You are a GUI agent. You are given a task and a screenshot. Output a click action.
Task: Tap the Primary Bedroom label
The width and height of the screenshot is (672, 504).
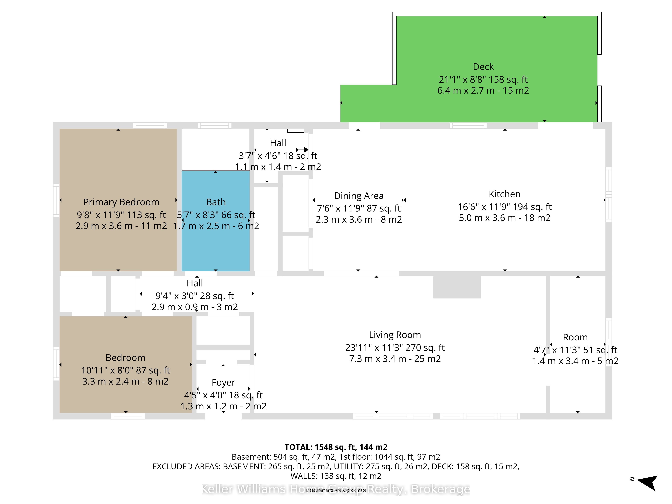[x=121, y=202]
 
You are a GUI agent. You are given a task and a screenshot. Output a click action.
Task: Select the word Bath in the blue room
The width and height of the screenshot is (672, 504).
[x=216, y=202]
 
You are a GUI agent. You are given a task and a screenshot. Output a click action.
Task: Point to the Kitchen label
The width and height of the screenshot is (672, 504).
[x=505, y=194]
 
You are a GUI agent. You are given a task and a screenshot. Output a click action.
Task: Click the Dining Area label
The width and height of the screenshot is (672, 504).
[x=359, y=196]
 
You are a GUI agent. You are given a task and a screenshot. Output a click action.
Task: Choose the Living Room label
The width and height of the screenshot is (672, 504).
[x=395, y=335]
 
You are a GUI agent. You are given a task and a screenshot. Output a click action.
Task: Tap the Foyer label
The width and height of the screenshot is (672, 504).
[x=223, y=383]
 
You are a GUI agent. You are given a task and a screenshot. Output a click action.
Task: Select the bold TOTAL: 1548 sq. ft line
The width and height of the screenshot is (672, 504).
[x=336, y=447]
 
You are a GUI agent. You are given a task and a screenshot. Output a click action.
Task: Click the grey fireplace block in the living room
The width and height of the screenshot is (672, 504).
[x=457, y=287]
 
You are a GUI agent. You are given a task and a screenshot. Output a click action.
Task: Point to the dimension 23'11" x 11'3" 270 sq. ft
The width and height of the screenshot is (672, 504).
[x=395, y=348]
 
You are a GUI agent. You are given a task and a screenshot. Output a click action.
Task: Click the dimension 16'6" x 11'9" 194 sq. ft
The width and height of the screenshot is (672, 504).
[x=505, y=207]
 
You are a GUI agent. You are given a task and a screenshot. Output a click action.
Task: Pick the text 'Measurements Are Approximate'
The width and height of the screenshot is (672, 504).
[x=336, y=490]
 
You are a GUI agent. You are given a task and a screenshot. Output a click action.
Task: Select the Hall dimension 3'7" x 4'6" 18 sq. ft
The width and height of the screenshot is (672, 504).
[x=278, y=156]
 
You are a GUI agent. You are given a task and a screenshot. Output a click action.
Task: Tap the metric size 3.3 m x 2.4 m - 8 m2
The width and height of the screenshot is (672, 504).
[x=125, y=382]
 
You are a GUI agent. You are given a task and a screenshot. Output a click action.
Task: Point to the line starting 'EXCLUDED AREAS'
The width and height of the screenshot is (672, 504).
[x=336, y=467]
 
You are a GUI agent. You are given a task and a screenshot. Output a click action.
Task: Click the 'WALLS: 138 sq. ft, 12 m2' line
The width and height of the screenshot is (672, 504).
[x=336, y=476]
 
